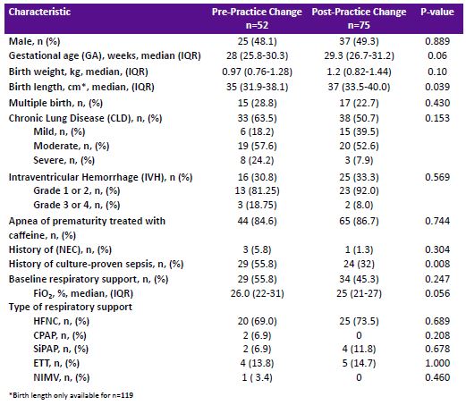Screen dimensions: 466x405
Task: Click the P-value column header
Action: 437,12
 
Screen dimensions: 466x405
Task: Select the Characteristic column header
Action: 39,12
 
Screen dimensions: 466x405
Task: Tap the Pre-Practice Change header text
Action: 257,12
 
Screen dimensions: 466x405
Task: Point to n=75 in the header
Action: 359,25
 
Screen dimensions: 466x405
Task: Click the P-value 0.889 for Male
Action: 437,41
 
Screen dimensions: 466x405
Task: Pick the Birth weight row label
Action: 79,72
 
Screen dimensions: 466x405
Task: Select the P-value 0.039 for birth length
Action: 437,87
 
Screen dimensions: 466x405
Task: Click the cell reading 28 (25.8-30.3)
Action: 257,55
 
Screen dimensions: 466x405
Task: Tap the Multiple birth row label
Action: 55,103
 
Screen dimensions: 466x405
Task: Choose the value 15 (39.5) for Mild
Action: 359,131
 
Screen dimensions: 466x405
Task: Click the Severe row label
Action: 64,160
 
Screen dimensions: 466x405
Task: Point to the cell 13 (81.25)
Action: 257,190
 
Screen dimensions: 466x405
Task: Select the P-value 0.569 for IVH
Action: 437,177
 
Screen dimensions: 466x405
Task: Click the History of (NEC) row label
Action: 60,249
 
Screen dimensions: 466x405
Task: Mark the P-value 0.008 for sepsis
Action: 437,264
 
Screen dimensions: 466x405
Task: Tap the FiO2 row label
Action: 83,293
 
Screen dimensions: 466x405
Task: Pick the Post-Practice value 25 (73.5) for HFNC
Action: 359,321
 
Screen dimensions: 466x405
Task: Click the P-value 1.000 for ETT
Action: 437,363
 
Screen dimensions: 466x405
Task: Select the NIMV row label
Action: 62,377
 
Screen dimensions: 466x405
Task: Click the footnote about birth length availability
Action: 71,395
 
